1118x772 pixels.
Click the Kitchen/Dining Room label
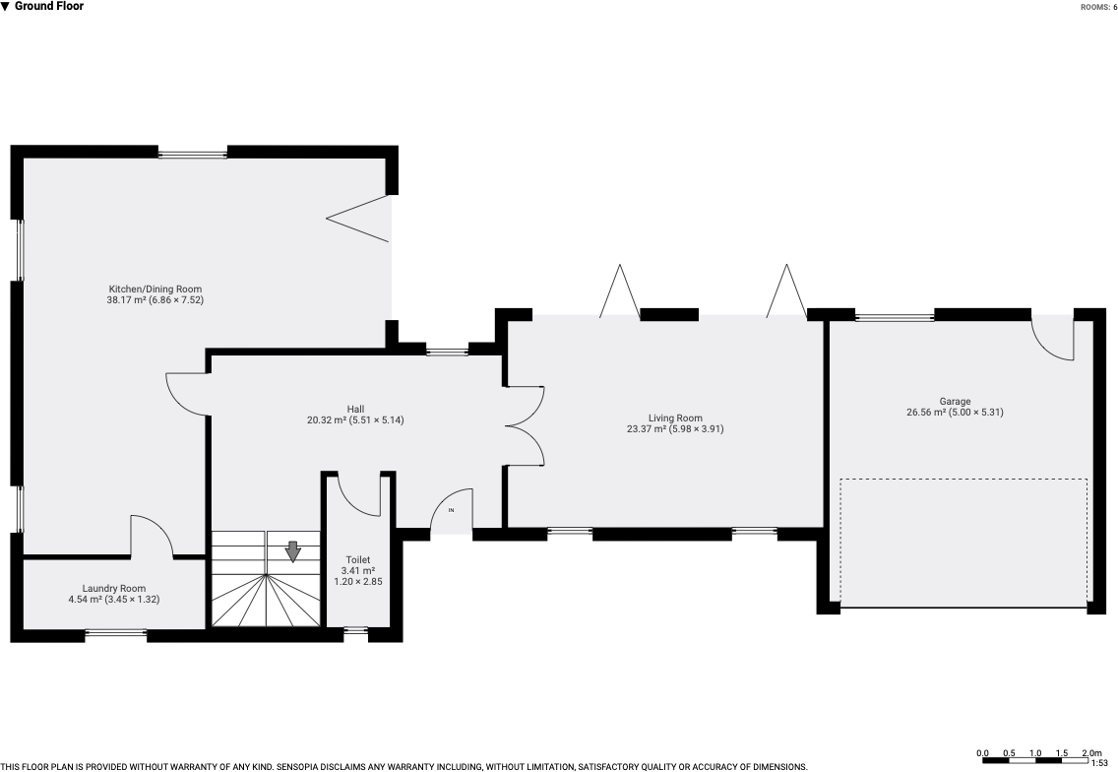pyautogui.click(x=155, y=289)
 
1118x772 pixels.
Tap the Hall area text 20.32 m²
pyautogui.click(x=328, y=420)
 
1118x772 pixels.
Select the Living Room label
pyautogui.click(x=675, y=418)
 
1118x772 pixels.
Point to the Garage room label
pyautogui.click(x=955, y=401)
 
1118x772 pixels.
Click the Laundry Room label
pyautogui.click(x=114, y=589)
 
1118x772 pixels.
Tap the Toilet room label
pyautogui.click(x=358, y=560)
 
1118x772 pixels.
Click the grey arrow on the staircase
pyautogui.click(x=293, y=551)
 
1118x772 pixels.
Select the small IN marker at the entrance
pyautogui.click(x=451, y=510)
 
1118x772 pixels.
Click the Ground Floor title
pyautogui.click(x=48, y=7)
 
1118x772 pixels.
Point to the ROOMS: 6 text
pyautogui.click(x=1098, y=7)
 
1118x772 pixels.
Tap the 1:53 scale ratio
pyautogui.click(x=1098, y=763)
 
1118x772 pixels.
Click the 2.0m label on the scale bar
pyautogui.click(x=1091, y=752)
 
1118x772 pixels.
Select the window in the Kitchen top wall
pyautogui.click(x=193, y=152)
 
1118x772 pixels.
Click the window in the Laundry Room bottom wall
pyautogui.click(x=115, y=631)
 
